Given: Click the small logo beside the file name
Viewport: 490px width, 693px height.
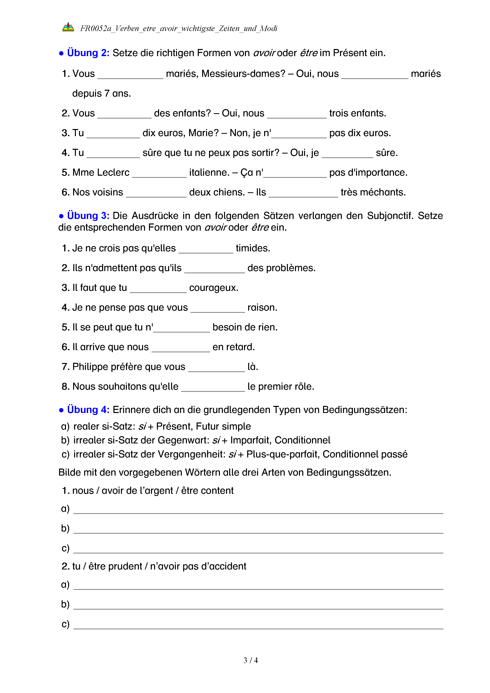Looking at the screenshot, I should pos(68,27).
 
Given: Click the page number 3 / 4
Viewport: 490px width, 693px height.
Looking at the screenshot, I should pos(250,660).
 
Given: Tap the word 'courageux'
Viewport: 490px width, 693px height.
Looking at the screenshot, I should pos(213,288).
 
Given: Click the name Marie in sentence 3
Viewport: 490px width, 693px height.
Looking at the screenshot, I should pos(203,133).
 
